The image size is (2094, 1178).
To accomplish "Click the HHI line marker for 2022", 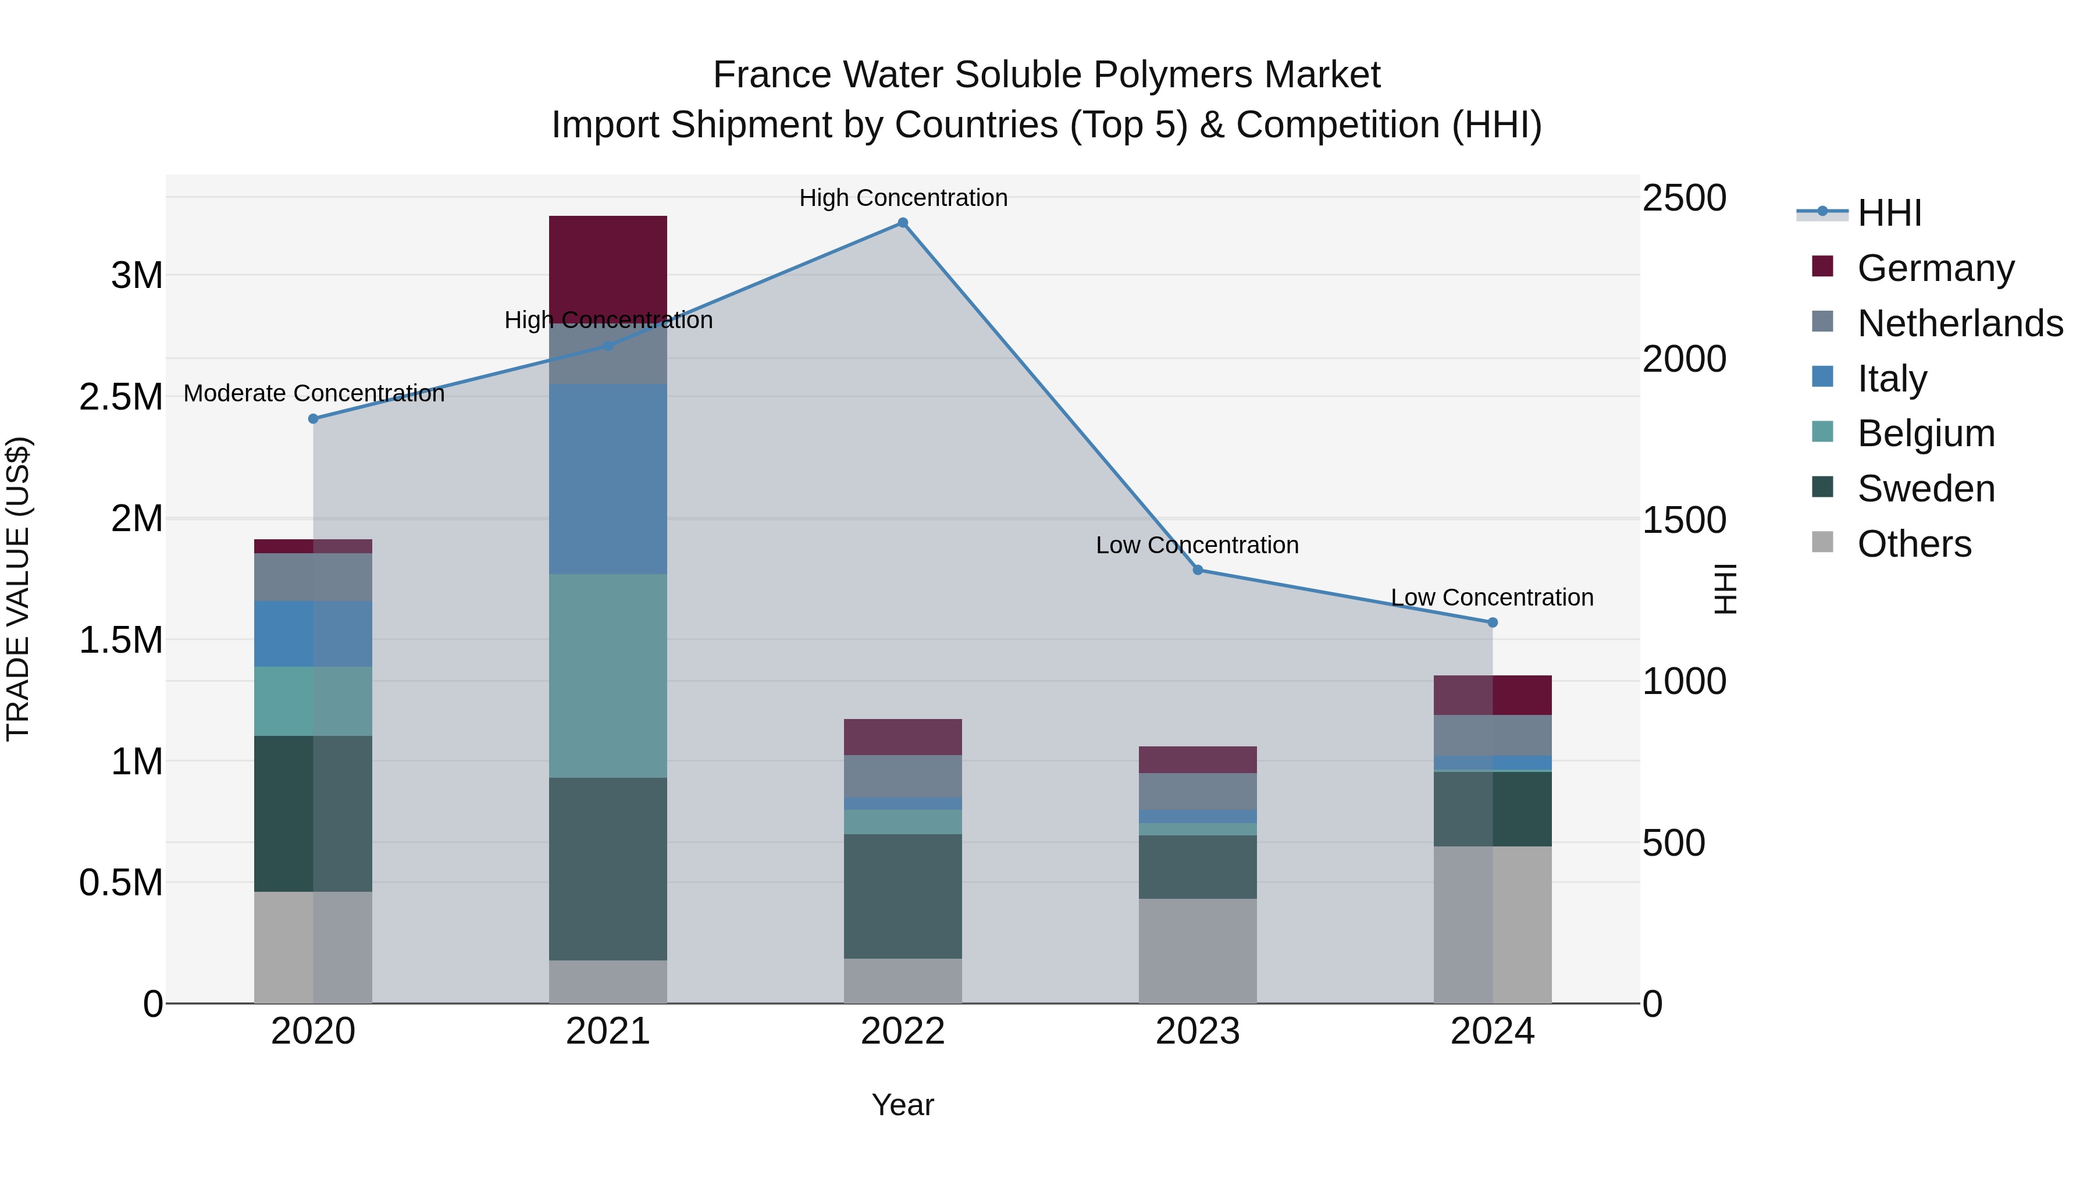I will click(902, 223).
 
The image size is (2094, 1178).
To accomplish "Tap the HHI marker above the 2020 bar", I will click(313, 419).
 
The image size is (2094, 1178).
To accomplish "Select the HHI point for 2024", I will click(1493, 622).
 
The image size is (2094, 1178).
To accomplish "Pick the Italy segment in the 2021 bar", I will click(608, 480).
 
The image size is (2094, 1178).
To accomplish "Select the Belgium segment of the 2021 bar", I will click(608, 677).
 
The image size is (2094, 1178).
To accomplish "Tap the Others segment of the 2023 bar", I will click(1198, 951).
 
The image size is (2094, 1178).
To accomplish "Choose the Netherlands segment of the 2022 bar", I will click(902, 777).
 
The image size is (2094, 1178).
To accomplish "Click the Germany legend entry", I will click(1935, 268).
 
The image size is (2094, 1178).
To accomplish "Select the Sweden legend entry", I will click(1925, 489).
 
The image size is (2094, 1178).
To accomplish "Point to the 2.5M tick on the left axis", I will click(120, 397).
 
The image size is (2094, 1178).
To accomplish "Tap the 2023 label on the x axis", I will click(1198, 1031).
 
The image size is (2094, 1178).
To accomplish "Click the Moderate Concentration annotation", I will click(314, 393).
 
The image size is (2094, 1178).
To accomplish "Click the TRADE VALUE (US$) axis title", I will click(18, 589).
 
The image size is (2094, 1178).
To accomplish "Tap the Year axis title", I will click(902, 1106).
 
